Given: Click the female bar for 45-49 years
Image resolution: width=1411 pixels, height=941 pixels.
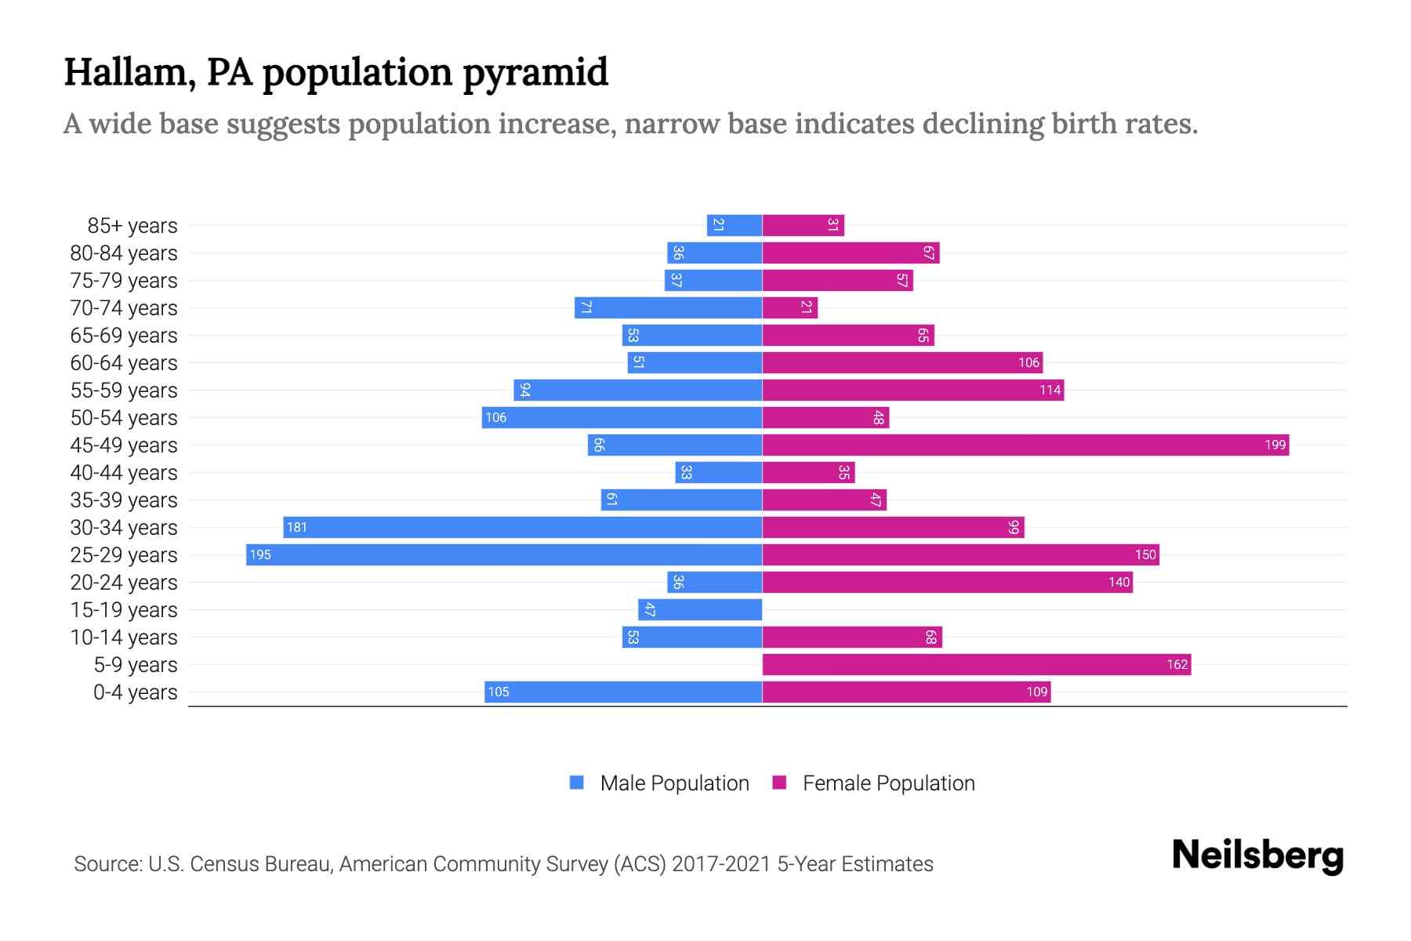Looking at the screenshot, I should (x=1025, y=445).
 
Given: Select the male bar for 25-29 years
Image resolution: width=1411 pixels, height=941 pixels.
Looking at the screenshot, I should (x=504, y=555).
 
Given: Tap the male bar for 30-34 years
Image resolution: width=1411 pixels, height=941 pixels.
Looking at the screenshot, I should (x=523, y=528).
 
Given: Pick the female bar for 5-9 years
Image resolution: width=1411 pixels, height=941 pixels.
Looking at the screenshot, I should (x=977, y=665).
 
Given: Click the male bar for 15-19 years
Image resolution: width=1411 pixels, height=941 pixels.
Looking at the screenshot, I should (x=700, y=610).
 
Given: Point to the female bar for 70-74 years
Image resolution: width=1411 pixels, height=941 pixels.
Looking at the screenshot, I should (x=790, y=308).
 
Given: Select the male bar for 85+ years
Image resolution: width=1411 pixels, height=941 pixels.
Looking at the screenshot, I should (x=735, y=226).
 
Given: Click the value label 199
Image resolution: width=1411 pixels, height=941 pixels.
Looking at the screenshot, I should (x=1275, y=445).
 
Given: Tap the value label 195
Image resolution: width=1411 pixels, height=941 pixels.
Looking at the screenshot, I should (x=260, y=555).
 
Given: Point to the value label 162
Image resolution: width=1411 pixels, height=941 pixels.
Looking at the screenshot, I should (x=1177, y=665).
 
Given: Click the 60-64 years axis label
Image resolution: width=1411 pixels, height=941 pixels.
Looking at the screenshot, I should (x=124, y=363).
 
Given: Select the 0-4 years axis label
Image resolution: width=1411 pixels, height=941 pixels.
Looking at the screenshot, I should (x=135, y=692).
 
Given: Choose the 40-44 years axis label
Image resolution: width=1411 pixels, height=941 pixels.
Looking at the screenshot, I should (x=124, y=473).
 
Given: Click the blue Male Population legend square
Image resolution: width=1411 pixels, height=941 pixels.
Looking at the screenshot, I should (x=577, y=783).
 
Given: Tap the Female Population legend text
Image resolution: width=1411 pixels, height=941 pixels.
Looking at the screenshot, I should (x=888, y=783).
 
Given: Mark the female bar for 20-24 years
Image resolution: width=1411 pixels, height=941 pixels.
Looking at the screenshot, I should (x=947, y=583).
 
